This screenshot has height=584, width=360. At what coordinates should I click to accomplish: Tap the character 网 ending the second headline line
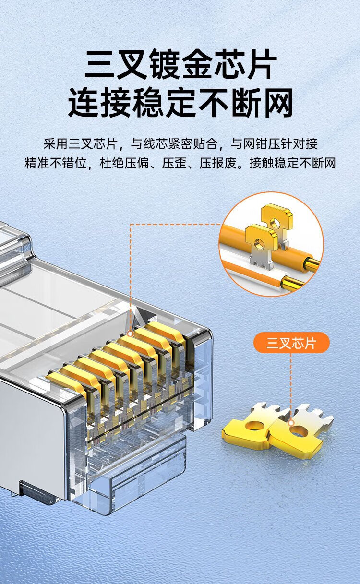pyautogui.click(x=277, y=103)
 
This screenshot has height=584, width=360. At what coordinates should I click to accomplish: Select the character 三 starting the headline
pyautogui.click(x=99, y=64)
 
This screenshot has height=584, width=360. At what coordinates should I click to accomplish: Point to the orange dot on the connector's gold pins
pyautogui.click(x=131, y=334)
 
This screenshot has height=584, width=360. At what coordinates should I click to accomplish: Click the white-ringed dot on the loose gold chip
pyautogui.click(x=291, y=423)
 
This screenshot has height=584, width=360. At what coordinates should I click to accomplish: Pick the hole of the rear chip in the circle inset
pyautogui.click(x=274, y=222)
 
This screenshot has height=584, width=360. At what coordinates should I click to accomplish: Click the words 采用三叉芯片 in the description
pyautogui.click(x=80, y=143)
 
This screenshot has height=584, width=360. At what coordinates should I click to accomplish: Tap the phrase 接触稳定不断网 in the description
pyautogui.click(x=292, y=163)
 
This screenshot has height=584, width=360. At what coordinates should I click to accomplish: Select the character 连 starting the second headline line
pyautogui.click(x=84, y=103)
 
